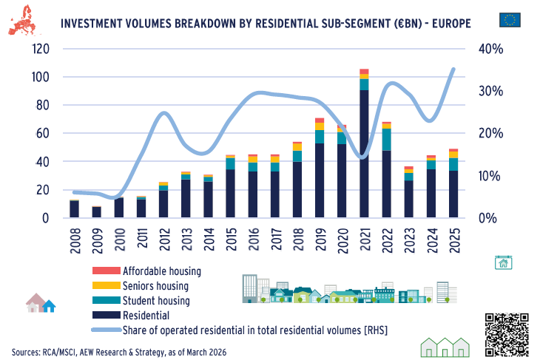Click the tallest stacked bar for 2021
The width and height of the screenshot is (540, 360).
point(364,148)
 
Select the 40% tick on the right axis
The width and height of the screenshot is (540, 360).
point(489,49)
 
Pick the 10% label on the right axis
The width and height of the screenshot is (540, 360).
point(489,176)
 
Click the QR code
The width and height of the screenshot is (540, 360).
point(507,333)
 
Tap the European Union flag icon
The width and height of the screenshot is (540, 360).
point(510,20)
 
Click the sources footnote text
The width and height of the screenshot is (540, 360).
point(118,351)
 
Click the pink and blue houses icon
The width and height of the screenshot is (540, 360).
point(41,303)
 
